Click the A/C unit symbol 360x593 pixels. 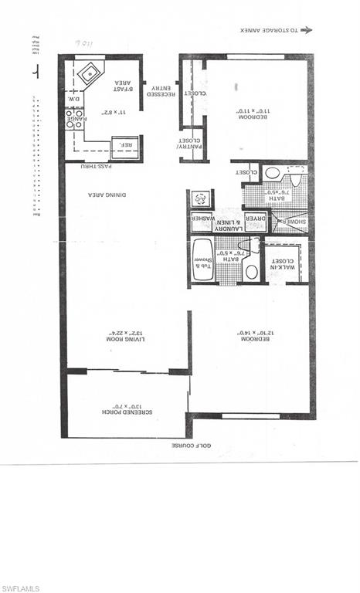(x=199, y=199)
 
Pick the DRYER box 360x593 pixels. (x=254, y=221)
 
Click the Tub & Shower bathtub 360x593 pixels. (x=202, y=260)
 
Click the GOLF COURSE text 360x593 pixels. (x=192, y=446)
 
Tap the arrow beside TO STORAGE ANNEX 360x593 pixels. (x=306, y=30)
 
